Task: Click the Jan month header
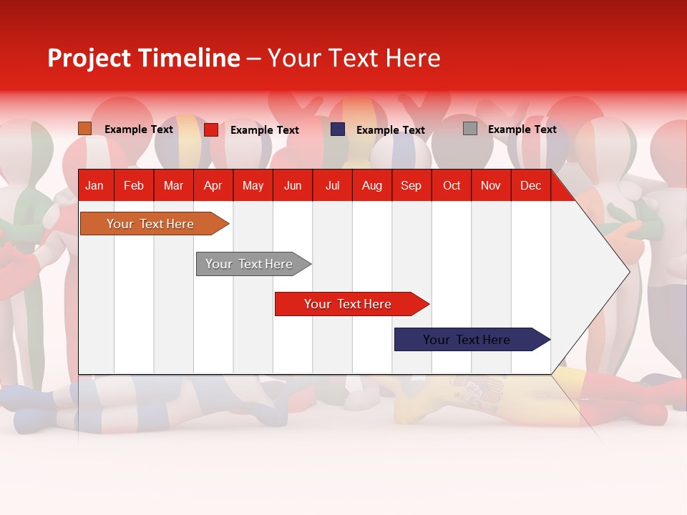click(x=94, y=186)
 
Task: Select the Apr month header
click(x=213, y=186)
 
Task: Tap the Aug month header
click(x=371, y=186)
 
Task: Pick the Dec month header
click(x=530, y=186)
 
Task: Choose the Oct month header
click(x=452, y=186)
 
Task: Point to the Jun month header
click(x=292, y=186)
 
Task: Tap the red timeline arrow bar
click(x=349, y=304)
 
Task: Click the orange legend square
click(x=85, y=129)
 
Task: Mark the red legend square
click(x=211, y=129)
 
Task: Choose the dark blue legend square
click(x=338, y=129)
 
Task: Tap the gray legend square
click(x=470, y=129)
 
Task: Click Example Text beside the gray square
click(x=522, y=129)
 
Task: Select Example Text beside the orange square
click(x=139, y=129)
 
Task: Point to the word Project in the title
click(x=89, y=58)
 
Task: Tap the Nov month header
click(x=491, y=186)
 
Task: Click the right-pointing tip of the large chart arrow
click(x=627, y=272)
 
